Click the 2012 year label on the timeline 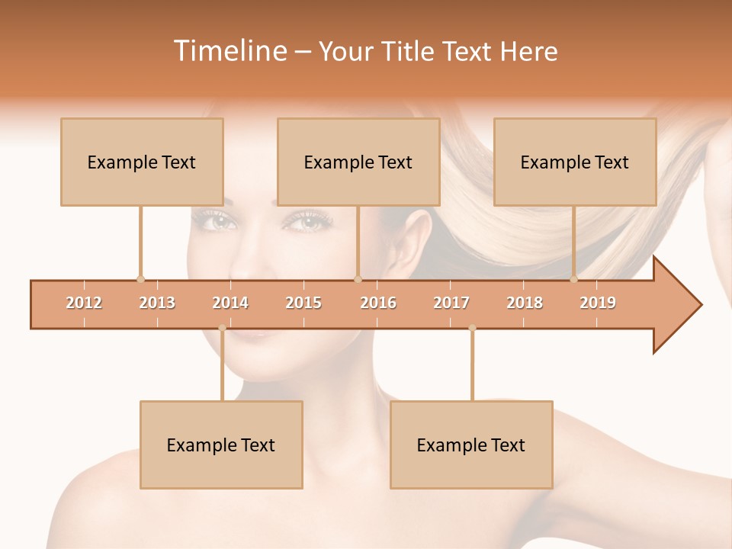[84, 303]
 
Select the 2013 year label [157, 303]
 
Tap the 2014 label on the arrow [230, 303]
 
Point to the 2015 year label [303, 303]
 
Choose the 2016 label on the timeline [378, 303]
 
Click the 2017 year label [451, 303]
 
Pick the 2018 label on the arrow [525, 303]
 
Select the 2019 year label [598, 303]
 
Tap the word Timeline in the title [228, 51]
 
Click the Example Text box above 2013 [142, 162]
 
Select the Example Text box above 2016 [358, 162]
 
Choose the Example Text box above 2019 [575, 162]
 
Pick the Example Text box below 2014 [221, 445]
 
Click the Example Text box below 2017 [471, 445]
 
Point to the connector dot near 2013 [140, 279]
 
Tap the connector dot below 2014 [222, 328]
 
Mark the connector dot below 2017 [472, 328]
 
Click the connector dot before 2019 [574, 279]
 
